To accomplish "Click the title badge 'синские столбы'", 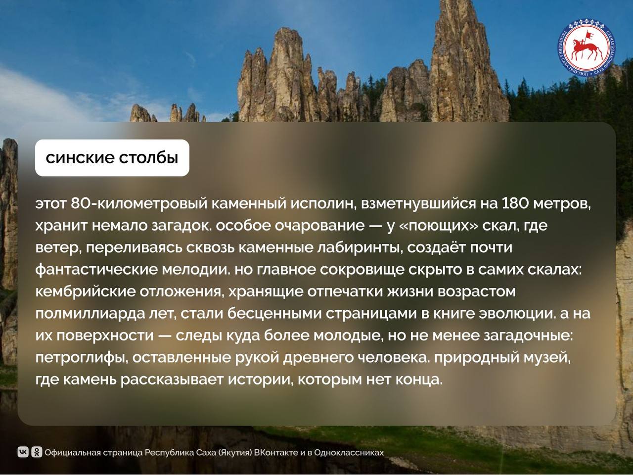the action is [x=112, y=158].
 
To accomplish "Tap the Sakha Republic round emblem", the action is [x=587, y=47].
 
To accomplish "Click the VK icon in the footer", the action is [x=23, y=452].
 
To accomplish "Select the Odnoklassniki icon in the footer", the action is [x=37, y=452].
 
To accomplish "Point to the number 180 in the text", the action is [x=515, y=203].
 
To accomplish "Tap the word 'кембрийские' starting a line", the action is [x=86, y=291].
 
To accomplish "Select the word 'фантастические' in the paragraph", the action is [x=96, y=269].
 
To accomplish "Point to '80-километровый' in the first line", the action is [x=139, y=204].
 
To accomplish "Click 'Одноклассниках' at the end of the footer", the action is [x=349, y=453].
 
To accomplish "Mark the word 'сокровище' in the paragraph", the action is [x=362, y=270].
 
